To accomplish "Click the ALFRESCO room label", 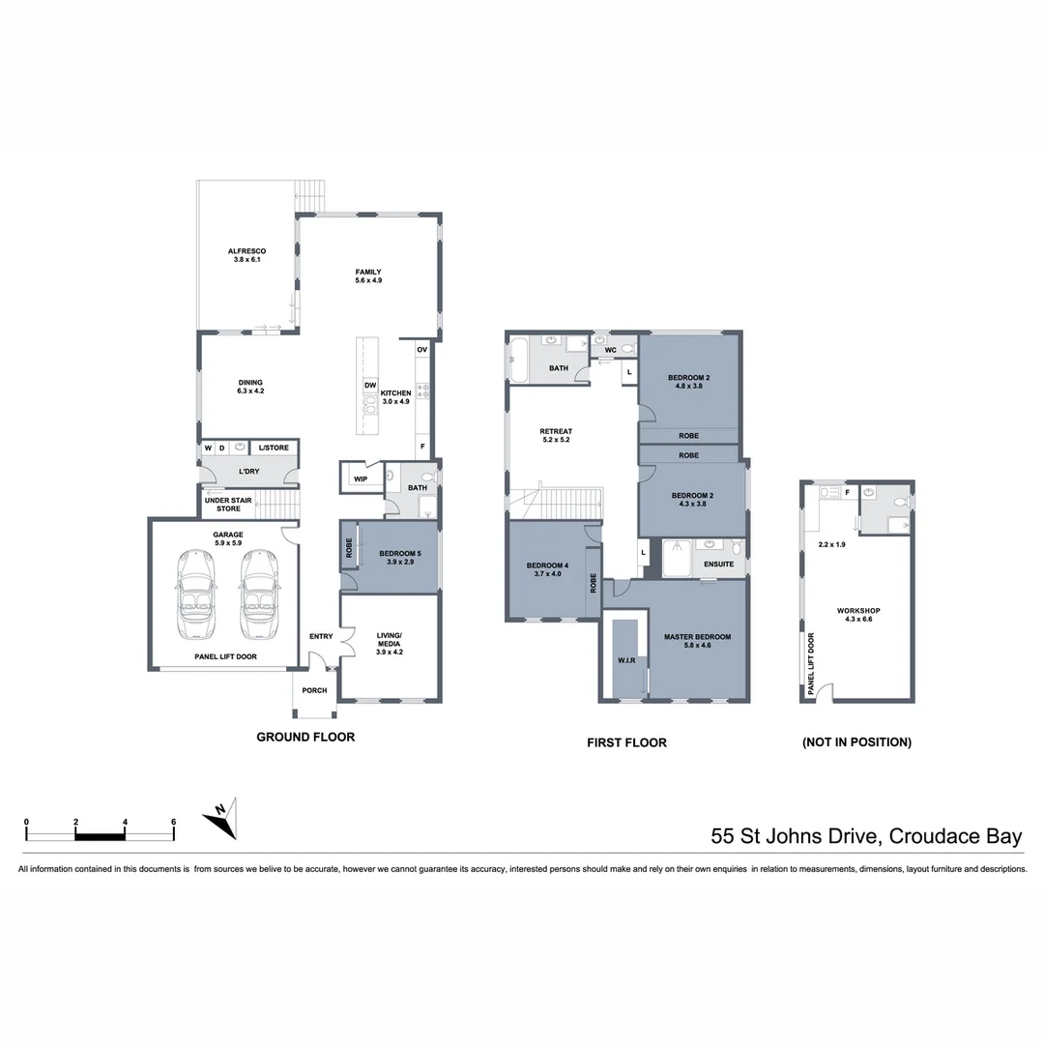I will pos(247,255).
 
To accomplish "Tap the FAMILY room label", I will pos(368,275).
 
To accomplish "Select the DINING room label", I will pos(250,386).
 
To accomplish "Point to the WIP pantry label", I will pos(360,478).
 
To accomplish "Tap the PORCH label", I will pos(314,690).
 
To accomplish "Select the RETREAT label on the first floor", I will pos(556,436).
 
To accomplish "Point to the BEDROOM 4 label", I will pos(547,569).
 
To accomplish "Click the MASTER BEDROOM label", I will pos(697,641).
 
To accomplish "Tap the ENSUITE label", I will pos(718,564).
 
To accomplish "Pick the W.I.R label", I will pos(626,661).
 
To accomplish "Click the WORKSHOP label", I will pos(858,615).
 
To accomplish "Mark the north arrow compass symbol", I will pos(220,821).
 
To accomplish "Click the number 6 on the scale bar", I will pos(173,822).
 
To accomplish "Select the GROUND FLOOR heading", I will pos(305,737).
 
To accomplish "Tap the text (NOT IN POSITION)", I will pos(856,742).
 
